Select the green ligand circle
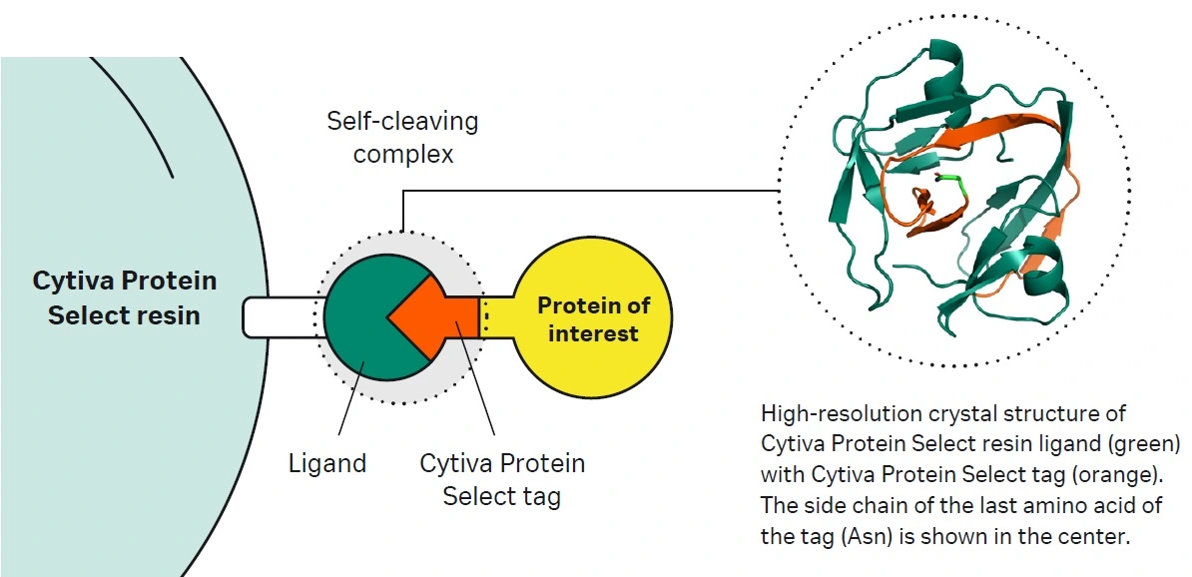[359, 339]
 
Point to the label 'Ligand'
[327, 464]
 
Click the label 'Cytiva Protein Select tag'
[502, 480]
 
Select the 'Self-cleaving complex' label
[403, 138]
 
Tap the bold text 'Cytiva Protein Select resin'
[125, 297]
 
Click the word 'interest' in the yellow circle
[593, 332]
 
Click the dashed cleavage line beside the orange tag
[485, 315]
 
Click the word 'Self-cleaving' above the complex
[403, 122]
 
